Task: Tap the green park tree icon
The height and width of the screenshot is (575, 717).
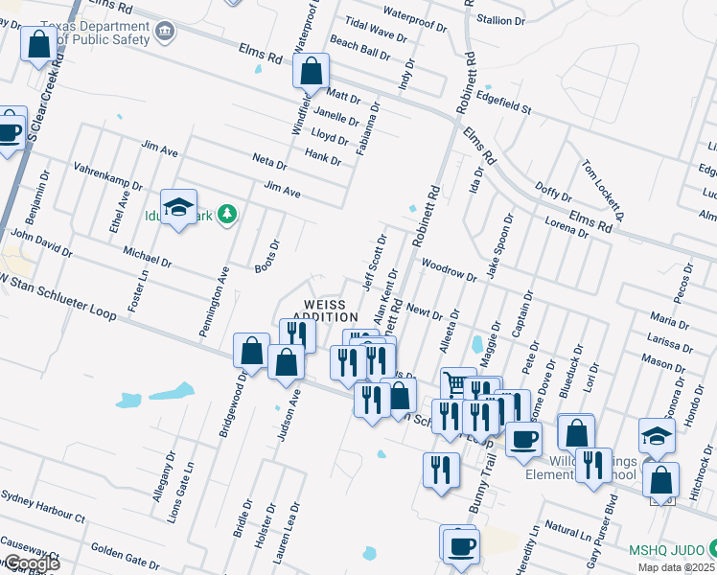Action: pos(227,214)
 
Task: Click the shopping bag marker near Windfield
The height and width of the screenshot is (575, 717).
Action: pos(311,71)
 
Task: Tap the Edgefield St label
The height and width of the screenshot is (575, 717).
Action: pos(503,106)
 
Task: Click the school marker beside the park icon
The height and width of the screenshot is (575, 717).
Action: pos(178,208)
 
